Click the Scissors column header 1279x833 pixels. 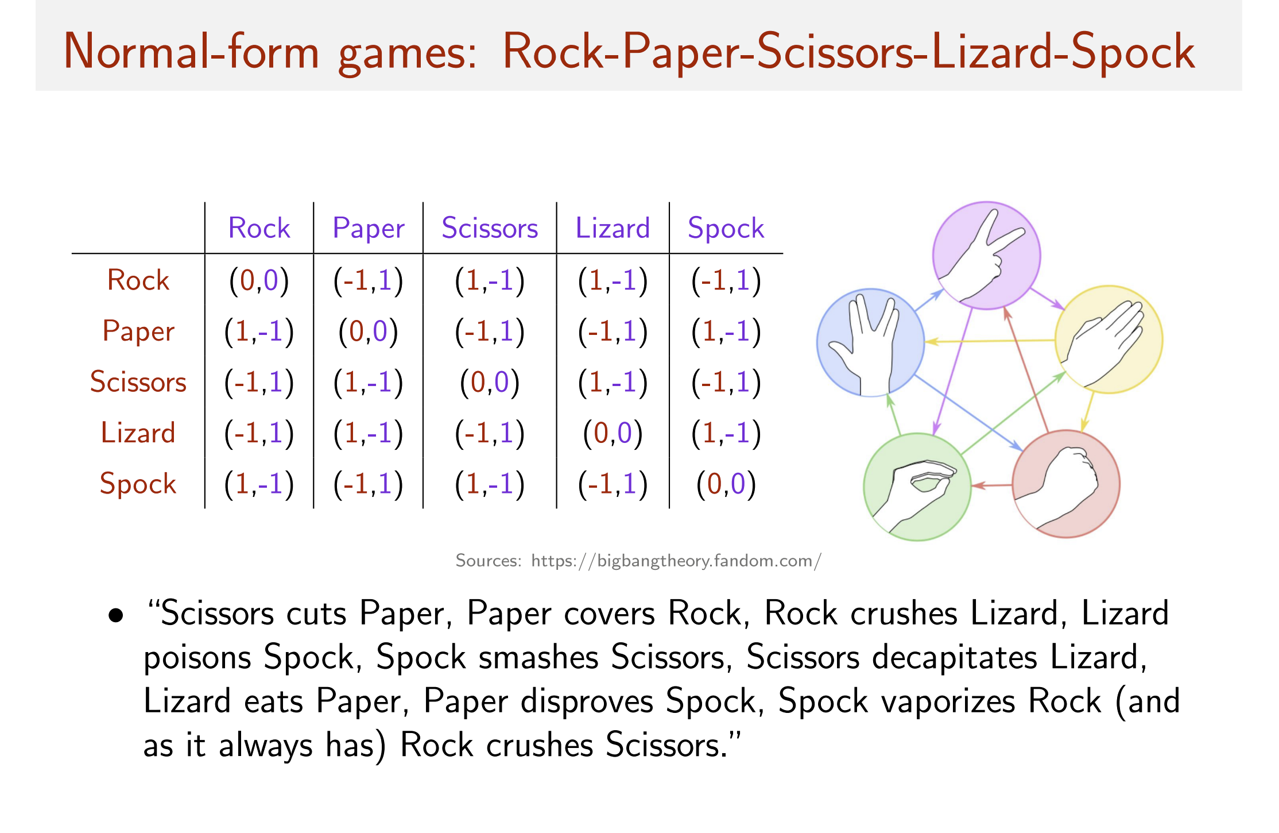click(x=490, y=228)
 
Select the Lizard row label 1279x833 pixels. click(x=138, y=433)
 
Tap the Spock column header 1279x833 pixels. click(x=726, y=229)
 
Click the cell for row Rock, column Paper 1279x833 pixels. click(x=369, y=280)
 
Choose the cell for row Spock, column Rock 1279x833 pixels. click(x=259, y=484)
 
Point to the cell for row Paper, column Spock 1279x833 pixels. click(x=726, y=331)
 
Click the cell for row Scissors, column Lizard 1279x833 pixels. click(x=613, y=382)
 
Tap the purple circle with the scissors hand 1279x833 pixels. click(x=986, y=255)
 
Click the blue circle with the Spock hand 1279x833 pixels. click(x=870, y=342)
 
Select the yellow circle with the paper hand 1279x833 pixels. click(x=1109, y=340)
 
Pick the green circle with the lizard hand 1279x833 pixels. click(x=917, y=487)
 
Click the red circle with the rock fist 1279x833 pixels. click(x=1066, y=484)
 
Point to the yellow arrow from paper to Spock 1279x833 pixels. click(x=990, y=341)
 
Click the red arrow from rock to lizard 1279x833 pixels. click(x=992, y=485)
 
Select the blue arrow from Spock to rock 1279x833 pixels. click(x=968, y=412)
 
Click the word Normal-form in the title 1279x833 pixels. click(x=191, y=52)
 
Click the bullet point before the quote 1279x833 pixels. click(x=116, y=616)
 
